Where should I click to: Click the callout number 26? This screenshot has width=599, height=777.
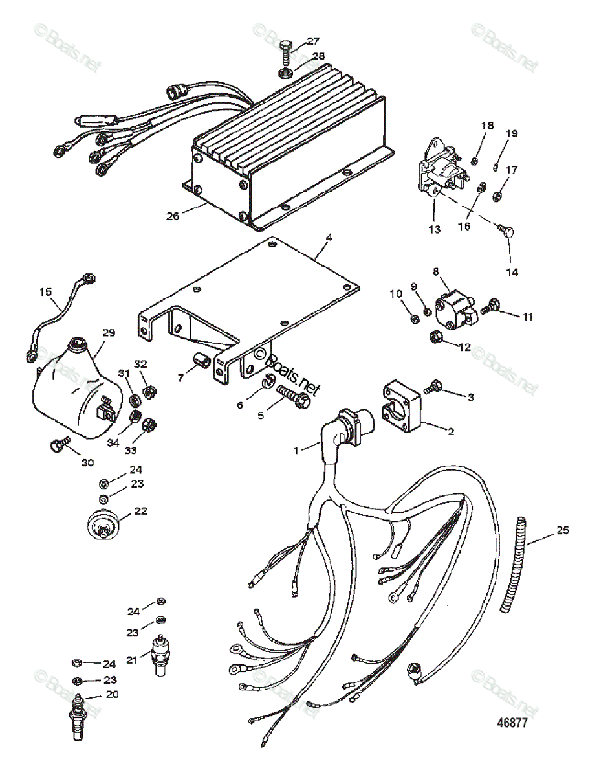171,216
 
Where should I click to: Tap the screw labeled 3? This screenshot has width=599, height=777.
433,387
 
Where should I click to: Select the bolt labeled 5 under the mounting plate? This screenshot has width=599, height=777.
293,396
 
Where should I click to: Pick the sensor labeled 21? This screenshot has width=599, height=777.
157,654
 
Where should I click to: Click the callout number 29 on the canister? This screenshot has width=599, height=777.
108,332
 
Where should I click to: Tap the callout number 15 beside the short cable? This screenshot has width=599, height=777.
45,292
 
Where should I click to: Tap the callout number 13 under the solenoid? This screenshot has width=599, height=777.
433,229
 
